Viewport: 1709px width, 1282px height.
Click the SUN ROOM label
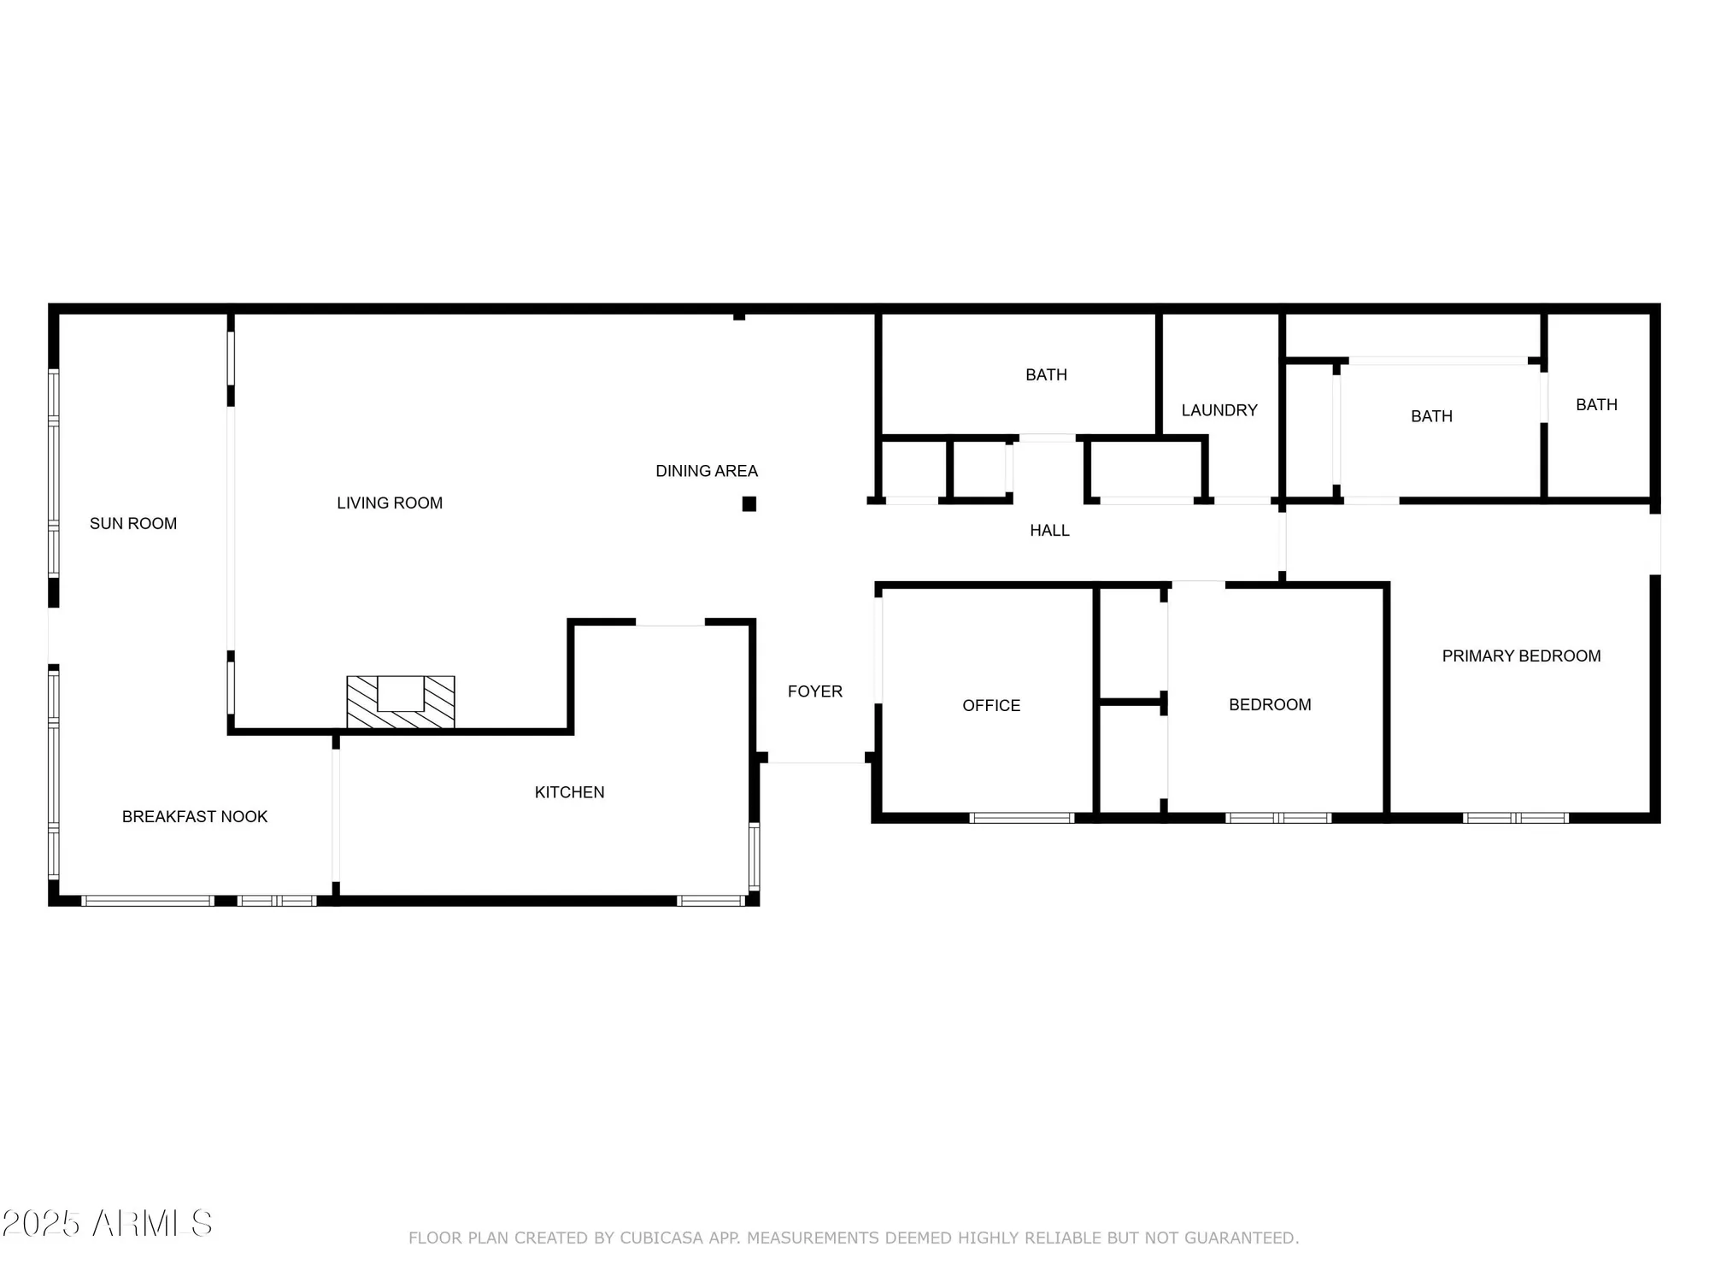pos(133,523)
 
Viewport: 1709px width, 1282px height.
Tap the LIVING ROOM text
pos(390,503)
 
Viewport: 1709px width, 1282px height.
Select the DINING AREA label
pos(706,471)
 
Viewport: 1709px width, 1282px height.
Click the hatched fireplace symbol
pos(400,703)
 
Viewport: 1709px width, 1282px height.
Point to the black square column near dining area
pos(749,504)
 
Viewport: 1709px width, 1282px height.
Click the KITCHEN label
pos(569,792)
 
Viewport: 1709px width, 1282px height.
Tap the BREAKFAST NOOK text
pos(195,816)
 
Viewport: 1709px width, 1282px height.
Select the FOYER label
pos(814,691)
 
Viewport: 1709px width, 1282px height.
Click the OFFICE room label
pos(991,705)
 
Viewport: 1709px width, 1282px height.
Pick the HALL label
pos(1049,531)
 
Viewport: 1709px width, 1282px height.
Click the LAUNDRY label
pos(1219,410)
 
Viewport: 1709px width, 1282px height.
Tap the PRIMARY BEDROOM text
pos(1521,656)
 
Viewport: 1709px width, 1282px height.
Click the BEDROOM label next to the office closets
pos(1270,704)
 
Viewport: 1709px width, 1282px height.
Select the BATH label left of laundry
pos(1046,374)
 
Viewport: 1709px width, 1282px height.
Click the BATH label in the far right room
pos(1596,404)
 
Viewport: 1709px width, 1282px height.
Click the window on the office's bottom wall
pos(1021,818)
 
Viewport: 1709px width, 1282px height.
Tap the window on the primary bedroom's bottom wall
pos(1515,818)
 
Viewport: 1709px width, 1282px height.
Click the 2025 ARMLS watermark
pos(107,1223)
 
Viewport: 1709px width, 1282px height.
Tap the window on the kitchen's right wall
pos(754,856)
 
